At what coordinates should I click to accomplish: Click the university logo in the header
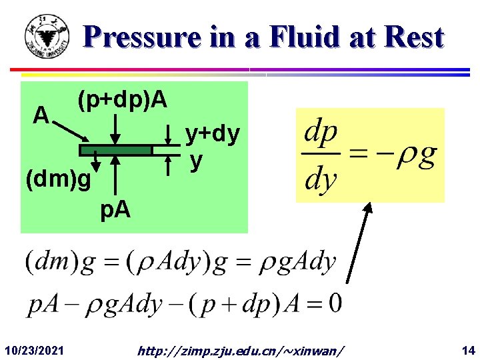point(46,37)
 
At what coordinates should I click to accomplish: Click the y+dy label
point(212,135)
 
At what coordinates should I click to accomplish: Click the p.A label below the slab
point(115,211)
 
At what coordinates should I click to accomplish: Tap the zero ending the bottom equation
point(335,304)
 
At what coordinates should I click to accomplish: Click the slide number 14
point(467,349)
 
